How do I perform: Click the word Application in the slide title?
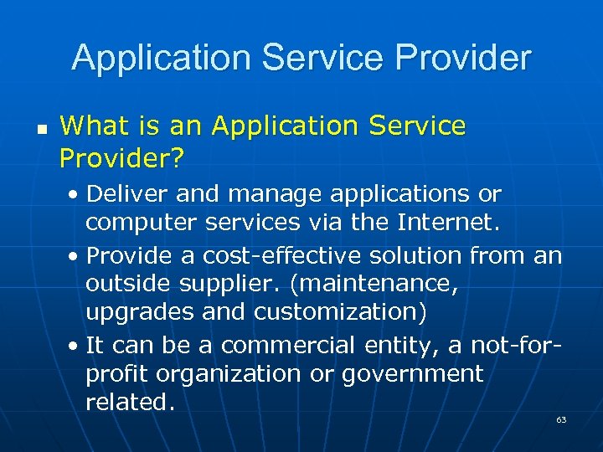(x=161, y=58)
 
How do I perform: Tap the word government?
(x=412, y=374)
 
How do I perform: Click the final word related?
(x=130, y=403)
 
